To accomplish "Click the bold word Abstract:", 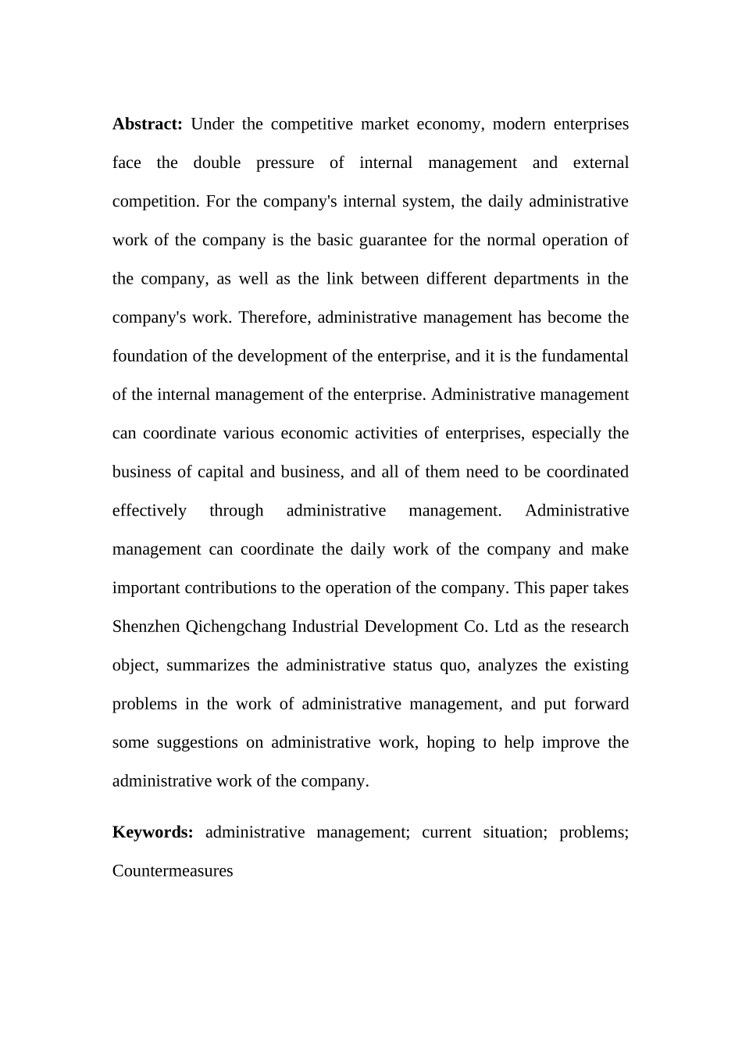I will coord(147,124).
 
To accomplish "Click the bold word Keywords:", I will coord(152,832).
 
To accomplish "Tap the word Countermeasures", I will coord(173,871).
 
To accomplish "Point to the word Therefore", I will coord(274,317).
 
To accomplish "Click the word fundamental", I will coord(580,356).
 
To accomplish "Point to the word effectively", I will coord(149,511).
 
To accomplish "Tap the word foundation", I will coord(150,356).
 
